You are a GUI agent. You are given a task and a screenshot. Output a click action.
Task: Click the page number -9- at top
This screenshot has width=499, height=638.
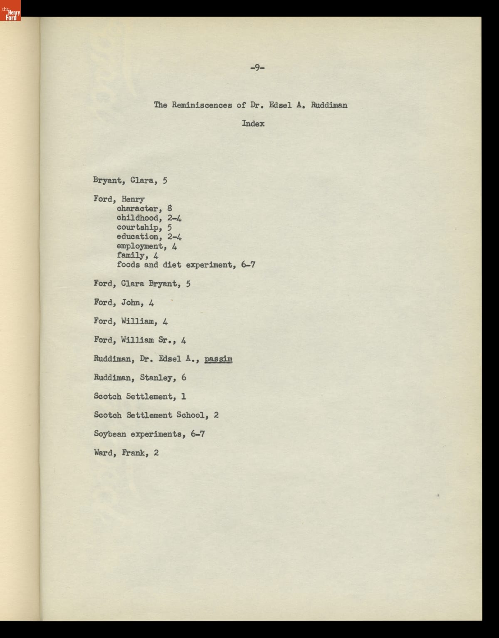click(257, 67)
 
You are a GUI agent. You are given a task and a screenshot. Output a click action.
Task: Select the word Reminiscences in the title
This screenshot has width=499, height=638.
click(202, 105)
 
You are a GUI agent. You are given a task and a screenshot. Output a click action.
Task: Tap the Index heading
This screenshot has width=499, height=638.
click(253, 124)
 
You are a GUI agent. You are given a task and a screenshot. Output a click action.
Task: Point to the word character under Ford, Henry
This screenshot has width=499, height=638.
click(137, 209)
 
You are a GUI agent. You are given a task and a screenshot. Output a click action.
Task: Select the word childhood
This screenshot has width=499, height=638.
click(137, 218)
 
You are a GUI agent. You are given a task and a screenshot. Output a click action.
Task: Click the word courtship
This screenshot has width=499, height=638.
click(137, 227)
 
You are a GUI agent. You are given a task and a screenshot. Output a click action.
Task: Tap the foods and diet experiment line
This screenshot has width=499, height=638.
click(185, 265)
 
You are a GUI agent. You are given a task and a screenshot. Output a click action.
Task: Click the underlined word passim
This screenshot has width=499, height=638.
click(218, 359)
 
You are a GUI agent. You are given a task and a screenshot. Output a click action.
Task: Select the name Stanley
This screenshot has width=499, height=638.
click(156, 378)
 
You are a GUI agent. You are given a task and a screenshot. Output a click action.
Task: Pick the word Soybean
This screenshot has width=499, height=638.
click(110, 434)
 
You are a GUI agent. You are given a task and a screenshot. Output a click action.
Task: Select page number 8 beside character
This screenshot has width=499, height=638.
click(170, 209)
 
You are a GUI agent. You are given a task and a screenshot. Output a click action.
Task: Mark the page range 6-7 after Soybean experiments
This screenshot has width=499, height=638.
click(198, 434)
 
